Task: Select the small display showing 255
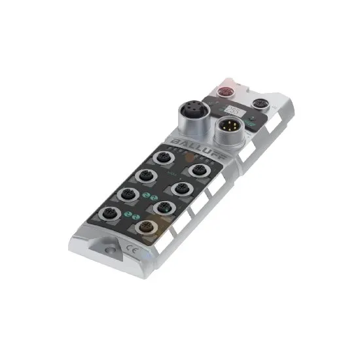point(232,111)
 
